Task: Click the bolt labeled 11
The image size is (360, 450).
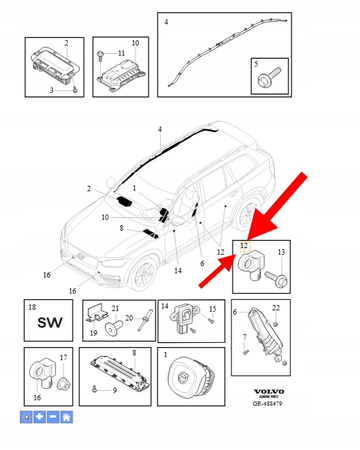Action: click(101, 53)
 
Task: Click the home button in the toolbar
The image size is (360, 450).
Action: click(66, 415)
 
